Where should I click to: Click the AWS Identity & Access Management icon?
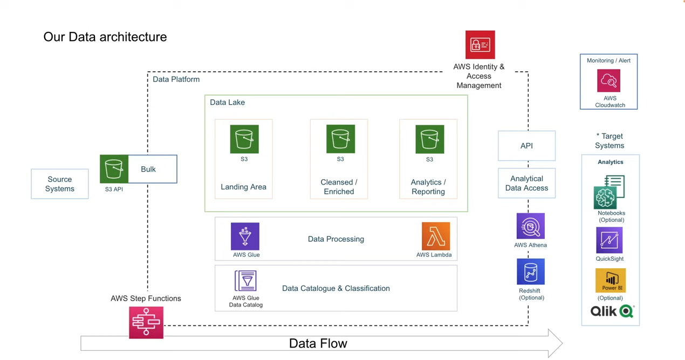tap(480, 45)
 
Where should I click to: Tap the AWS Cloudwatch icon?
tap(609, 81)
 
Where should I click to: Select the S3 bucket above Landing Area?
tap(244, 139)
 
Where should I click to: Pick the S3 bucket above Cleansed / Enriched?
tap(340, 139)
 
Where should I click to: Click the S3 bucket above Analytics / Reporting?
tap(430, 139)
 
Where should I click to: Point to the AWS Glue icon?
tap(245, 236)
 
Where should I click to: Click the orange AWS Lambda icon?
tap(436, 236)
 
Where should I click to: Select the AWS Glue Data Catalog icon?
tap(245, 281)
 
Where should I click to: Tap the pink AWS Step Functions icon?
tap(146, 323)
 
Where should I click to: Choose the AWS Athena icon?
tap(530, 226)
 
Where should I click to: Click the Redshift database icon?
tap(531, 271)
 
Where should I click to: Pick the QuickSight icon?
tap(609, 240)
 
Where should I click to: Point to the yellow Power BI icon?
tap(611, 281)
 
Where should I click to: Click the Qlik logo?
tap(612, 311)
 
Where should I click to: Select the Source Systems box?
tap(60, 184)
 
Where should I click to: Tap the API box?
tap(526, 146)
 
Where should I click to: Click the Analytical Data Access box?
tap(526, 184)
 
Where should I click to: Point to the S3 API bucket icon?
tap(114, 169)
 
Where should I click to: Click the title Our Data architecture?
tap(105, 37)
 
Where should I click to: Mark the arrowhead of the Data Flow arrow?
tap(556, 343)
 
